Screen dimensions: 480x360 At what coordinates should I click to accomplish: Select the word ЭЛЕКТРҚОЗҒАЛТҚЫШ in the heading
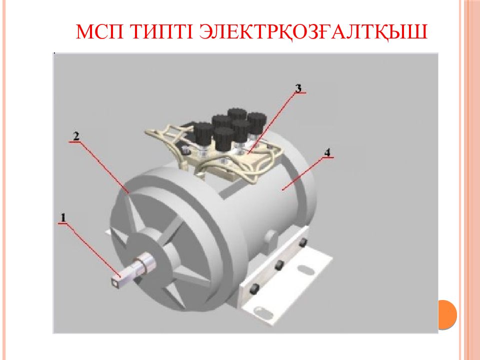pos(313,32)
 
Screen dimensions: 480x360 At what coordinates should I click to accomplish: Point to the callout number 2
pos(75,136)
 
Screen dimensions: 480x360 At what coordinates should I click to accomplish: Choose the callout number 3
pos(298,88)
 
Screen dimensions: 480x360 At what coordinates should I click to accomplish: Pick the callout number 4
pos(327,152)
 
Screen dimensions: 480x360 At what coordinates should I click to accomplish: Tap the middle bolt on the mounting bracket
pos(278,265)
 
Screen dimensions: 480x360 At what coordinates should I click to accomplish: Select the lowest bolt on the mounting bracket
pos(254,288)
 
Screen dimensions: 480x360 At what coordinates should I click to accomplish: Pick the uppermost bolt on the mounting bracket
pos(302,243)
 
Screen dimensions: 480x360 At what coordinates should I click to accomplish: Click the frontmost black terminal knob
pos(224,138)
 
